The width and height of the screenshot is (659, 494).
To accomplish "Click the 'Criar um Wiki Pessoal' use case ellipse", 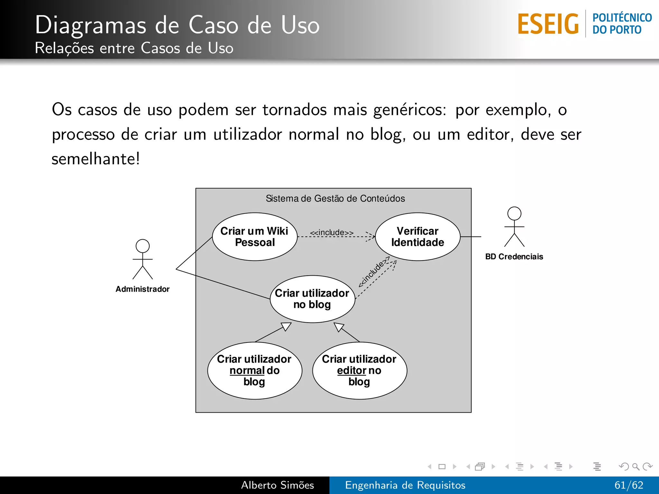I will [255, 237].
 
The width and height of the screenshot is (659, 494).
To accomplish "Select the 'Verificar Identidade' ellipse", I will [417, 237].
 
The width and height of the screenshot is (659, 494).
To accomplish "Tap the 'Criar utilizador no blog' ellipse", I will [312, 299].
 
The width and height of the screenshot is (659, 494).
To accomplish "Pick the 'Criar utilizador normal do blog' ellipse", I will [255, 370].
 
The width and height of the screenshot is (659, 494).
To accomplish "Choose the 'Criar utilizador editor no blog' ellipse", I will [359, 370].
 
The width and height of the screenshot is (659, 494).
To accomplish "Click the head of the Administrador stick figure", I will [143, 246].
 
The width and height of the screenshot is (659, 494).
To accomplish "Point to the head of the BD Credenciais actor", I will [514, 214].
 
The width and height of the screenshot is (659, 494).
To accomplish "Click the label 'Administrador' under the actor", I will [143, 289].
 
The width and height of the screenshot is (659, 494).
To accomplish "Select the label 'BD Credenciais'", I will [514, 257].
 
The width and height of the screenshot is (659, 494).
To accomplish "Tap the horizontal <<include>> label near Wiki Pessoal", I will [331, 233].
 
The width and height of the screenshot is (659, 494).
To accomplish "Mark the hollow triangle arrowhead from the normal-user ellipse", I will [286, 326].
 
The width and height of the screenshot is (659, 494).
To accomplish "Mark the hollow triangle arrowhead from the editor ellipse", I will [339, 327].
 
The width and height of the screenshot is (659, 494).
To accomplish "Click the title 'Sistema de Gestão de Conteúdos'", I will [335, 198].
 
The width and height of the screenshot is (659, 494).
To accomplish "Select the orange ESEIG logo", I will [548, 24].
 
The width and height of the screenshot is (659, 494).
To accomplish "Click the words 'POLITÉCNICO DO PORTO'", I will [622, 24].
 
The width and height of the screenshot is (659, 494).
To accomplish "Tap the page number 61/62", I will [629, 485].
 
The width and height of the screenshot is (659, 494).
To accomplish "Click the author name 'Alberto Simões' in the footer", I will [277, 485].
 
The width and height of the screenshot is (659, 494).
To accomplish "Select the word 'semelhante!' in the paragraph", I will [96, 159].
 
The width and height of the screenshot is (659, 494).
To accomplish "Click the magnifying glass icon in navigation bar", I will [636, 466].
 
